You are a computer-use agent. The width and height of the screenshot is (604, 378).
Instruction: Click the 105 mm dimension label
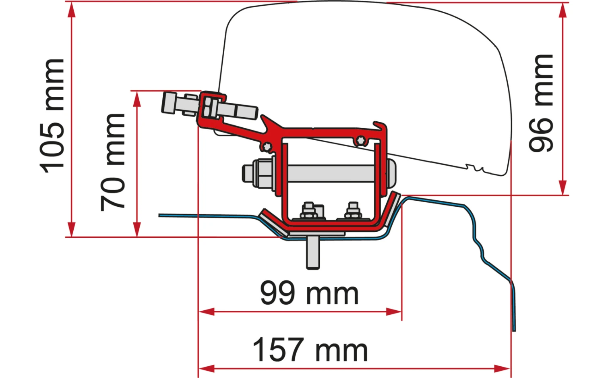click(x=52, y=116)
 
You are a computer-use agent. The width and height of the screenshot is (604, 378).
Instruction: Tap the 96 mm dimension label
click(x=541, y=103)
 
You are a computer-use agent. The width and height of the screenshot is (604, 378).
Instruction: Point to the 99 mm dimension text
click(x=309, y=293)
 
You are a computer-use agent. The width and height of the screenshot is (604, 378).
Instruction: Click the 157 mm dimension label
click(x=310, y=350)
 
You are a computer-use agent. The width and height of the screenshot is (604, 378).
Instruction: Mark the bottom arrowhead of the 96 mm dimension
click(x=563, y=187)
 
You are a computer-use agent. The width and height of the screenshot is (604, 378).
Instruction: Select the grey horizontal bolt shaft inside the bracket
click(x=330, y=173)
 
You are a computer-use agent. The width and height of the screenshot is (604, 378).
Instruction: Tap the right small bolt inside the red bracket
click(x=353, y=211)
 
